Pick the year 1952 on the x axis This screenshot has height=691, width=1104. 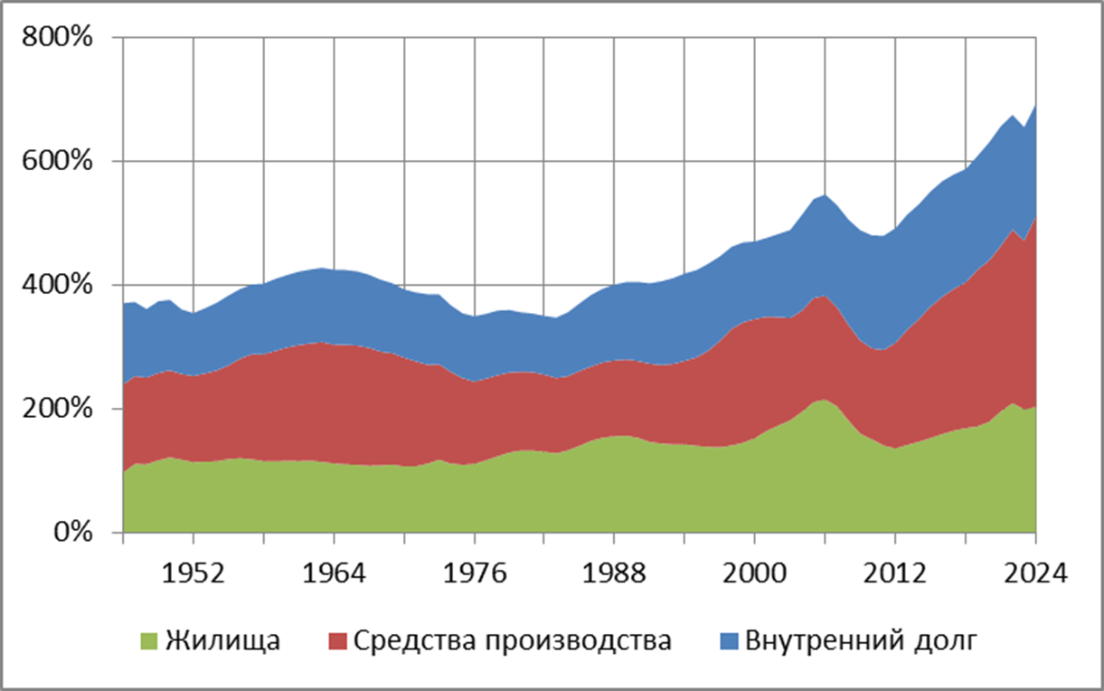point(193,575)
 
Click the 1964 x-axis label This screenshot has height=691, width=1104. point(333,575)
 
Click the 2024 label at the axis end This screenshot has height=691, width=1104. point(1034,575)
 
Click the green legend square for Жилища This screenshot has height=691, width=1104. point(149,642)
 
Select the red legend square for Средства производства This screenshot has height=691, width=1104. point(336,642)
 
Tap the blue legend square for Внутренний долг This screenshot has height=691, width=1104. point(728,642)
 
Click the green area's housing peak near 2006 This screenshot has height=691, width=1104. point(824,400)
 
